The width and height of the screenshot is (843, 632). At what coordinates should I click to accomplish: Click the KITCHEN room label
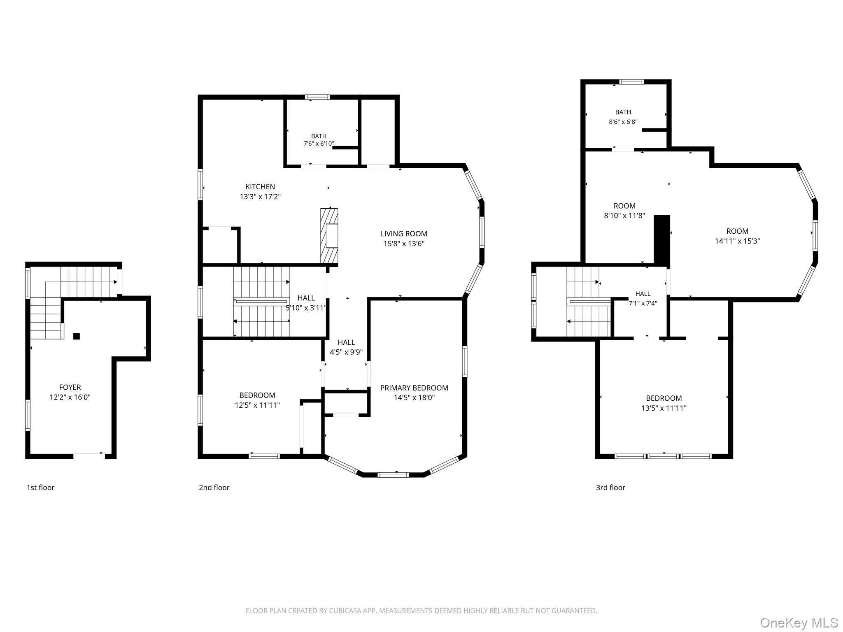click(x=260, y=187)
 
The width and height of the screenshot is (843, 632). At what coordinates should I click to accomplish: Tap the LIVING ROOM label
click(x=404, y=234)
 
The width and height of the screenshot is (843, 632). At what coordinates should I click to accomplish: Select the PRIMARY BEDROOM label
click(x=414, y=388)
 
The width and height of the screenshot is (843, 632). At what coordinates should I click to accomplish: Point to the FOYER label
click(x=70, y=387)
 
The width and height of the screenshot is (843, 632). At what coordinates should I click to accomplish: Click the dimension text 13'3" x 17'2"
click(x=260, y=197)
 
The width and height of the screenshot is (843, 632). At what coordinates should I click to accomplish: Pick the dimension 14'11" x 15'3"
click(x=737, y=241)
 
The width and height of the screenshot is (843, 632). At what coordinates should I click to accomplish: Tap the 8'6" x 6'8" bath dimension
click(x=623, y=122)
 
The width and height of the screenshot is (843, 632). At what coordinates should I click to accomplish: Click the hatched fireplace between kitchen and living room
click(x=329, y=236)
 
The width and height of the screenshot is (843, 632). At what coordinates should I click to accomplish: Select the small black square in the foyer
click(x=77, y=336)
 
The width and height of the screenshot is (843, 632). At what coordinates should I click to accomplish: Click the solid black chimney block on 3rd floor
click(x=662, y=239)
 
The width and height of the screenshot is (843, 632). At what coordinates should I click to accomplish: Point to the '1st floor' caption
click(x=40, y=488)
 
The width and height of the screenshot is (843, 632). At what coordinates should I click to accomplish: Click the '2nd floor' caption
click(x=214, y=488)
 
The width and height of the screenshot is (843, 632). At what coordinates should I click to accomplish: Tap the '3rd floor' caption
click(x=610, y=488)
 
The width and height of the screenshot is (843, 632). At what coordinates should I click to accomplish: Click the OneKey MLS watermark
click(x=799, y=623)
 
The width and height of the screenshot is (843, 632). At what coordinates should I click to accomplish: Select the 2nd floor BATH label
click(x=319, y=136)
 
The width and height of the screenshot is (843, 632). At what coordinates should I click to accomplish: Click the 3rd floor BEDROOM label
click(x=664, y=398)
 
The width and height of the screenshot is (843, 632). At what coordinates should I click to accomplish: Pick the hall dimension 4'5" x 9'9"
click(x=346, y=352)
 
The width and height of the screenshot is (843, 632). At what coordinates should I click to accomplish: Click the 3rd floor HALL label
click(x=643, y=294)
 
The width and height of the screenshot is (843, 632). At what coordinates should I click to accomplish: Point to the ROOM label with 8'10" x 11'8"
click(x=624, y=206)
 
